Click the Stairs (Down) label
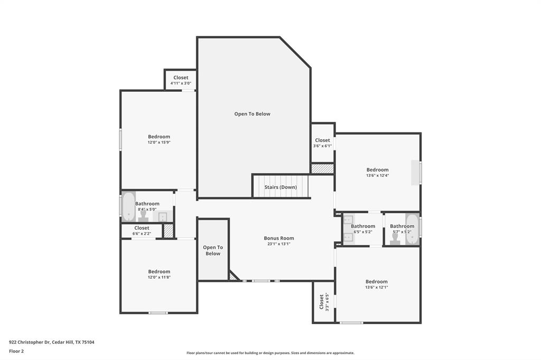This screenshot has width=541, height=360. click(281, 187)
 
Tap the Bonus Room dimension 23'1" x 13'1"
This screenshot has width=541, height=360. click(278, 244)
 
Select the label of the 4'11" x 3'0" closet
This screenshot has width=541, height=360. click(181, 78)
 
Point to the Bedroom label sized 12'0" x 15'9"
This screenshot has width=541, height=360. click(159, 137)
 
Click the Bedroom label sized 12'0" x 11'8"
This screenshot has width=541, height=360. click(159, 272)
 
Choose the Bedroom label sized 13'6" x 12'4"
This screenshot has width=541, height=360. click(377, 170)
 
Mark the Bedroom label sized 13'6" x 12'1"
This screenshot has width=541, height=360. click(376, 282)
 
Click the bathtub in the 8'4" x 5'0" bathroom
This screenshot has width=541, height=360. click(128, 206)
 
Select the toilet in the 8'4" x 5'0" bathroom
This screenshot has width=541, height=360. click(143, 216)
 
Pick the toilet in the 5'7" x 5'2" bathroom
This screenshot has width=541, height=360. click(395, 239)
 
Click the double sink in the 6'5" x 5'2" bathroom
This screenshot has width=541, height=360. click(348, 229)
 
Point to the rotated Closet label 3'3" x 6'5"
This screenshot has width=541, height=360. click(322, 301)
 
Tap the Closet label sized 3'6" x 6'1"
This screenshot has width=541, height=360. click(322, 140)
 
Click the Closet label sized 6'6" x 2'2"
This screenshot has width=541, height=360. click(142, 228)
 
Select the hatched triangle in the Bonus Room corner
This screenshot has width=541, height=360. click(233, 276)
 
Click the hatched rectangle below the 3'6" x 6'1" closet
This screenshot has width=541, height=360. click(322, 169)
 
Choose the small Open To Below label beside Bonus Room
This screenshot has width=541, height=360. click(213, 250)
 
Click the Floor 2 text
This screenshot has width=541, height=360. click(16, 350)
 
